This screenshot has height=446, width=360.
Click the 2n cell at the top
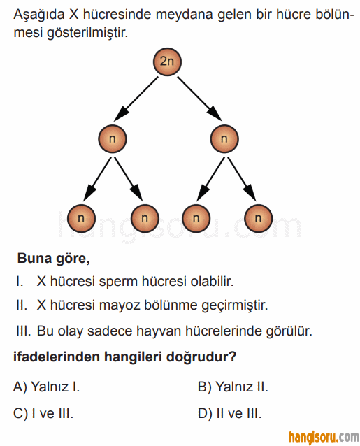(167, 62)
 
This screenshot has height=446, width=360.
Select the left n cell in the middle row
(113, 139)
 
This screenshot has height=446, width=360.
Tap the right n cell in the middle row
(224, 139)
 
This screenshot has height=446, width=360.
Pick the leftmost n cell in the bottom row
(81, 218)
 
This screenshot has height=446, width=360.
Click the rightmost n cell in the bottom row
(258, 218)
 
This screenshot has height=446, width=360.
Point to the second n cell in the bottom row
(145, 218)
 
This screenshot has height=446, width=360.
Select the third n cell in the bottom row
(196, 218)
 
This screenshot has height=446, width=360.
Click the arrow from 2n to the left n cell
(136, 99)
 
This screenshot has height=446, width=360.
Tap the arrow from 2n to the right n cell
(200, 99)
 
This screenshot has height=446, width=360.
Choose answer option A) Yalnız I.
(46, 387)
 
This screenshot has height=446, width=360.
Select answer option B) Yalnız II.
(233, 387)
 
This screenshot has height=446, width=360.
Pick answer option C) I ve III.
(43, 413)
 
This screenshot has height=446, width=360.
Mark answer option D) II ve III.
(229, 413)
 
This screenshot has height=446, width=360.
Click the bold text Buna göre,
(53, 259)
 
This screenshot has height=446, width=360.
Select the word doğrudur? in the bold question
(201, 357)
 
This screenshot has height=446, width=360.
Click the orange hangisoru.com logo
(324, 438)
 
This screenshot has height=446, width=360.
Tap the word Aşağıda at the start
(39, 15)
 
